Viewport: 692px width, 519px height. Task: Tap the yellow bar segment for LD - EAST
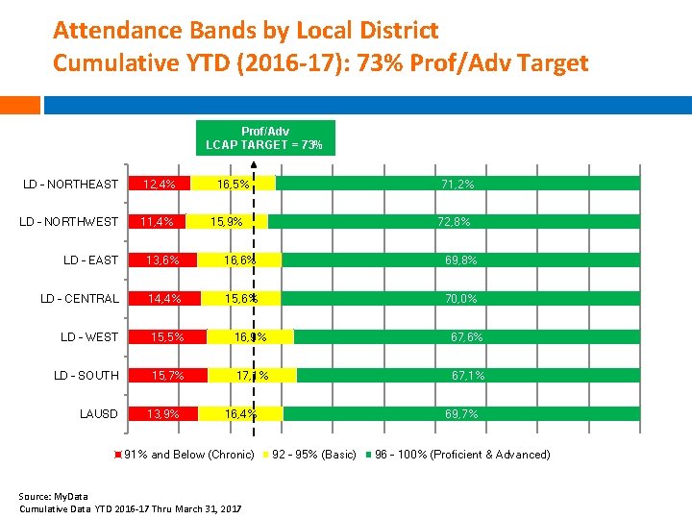click(238, 260)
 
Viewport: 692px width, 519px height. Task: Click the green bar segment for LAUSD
click(461, 413)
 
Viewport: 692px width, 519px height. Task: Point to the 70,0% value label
click(459, 299)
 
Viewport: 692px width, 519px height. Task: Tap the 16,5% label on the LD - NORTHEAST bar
click(234, 184)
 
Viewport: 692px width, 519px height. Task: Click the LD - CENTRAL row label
click(80, 298)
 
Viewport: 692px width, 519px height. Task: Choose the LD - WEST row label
click(89, 336)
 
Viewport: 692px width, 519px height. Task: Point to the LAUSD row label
click(99, 413)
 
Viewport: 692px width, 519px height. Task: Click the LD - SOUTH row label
click(86, 375)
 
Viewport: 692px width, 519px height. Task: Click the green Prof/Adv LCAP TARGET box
click(265, 137)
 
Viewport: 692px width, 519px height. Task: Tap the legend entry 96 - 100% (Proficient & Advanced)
click(462, 455)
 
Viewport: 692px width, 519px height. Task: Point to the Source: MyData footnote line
click(53, 496)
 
